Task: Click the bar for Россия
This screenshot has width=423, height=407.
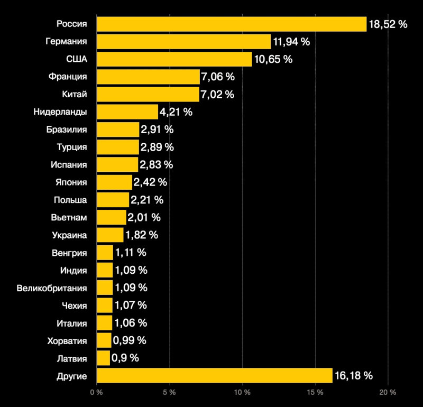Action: click(232, 24)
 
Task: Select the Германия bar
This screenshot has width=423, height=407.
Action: click(184, 42)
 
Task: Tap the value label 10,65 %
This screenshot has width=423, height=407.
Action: click(273, 59)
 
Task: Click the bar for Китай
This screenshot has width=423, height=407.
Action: click(148, 94)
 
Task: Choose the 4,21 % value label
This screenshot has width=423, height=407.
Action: click(176, 112)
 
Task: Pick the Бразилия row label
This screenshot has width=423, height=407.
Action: click(67, 129)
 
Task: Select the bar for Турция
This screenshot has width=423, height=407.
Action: click(118, 147)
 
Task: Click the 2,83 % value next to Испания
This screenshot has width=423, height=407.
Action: click(156, 164)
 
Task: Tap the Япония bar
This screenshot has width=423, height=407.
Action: click(115, 182)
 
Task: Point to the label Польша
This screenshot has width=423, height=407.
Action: click(70, 200)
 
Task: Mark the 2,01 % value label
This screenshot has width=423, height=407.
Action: click(144, 217)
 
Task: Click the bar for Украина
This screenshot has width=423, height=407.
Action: click(110, 235)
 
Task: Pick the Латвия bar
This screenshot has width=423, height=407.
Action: click(104, 358)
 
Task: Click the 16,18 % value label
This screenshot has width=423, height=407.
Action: click(354, 376)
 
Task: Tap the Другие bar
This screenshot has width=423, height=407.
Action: click(215, 376)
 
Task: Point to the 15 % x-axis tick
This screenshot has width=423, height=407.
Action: click(315, 393)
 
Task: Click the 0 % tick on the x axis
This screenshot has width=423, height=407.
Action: click(96, 393)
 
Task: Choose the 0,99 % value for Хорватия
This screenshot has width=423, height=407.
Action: click(130, 340)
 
